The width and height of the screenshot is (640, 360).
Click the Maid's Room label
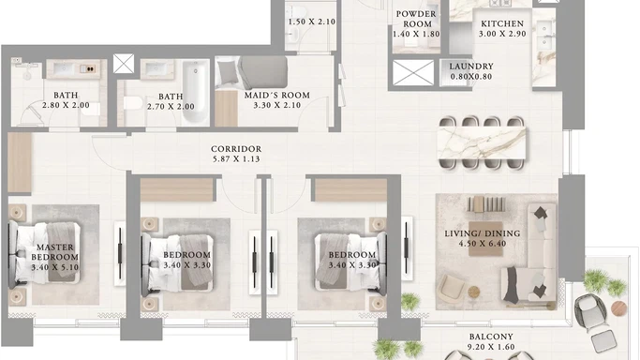277,95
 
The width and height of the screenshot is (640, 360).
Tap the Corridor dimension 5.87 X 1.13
236,159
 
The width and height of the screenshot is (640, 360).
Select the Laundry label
471,67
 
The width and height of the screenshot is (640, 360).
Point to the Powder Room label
416,19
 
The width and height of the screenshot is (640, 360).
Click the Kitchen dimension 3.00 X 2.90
502,34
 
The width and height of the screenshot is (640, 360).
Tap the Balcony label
491,337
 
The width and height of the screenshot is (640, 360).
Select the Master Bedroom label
55,252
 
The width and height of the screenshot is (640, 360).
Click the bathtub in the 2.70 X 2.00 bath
195,93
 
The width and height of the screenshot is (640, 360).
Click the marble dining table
482,142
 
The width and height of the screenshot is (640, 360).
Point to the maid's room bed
251,72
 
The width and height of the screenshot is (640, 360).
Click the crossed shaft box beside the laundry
413,73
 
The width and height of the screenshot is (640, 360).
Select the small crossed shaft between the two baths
124,64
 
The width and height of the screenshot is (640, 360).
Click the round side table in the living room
473,292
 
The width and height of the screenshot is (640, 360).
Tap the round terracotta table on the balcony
618,308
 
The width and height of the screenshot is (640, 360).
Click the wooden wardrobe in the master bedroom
20,162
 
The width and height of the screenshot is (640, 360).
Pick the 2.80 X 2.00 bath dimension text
66,105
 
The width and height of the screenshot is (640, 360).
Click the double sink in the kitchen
543,36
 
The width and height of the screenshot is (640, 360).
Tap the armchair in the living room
451,288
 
